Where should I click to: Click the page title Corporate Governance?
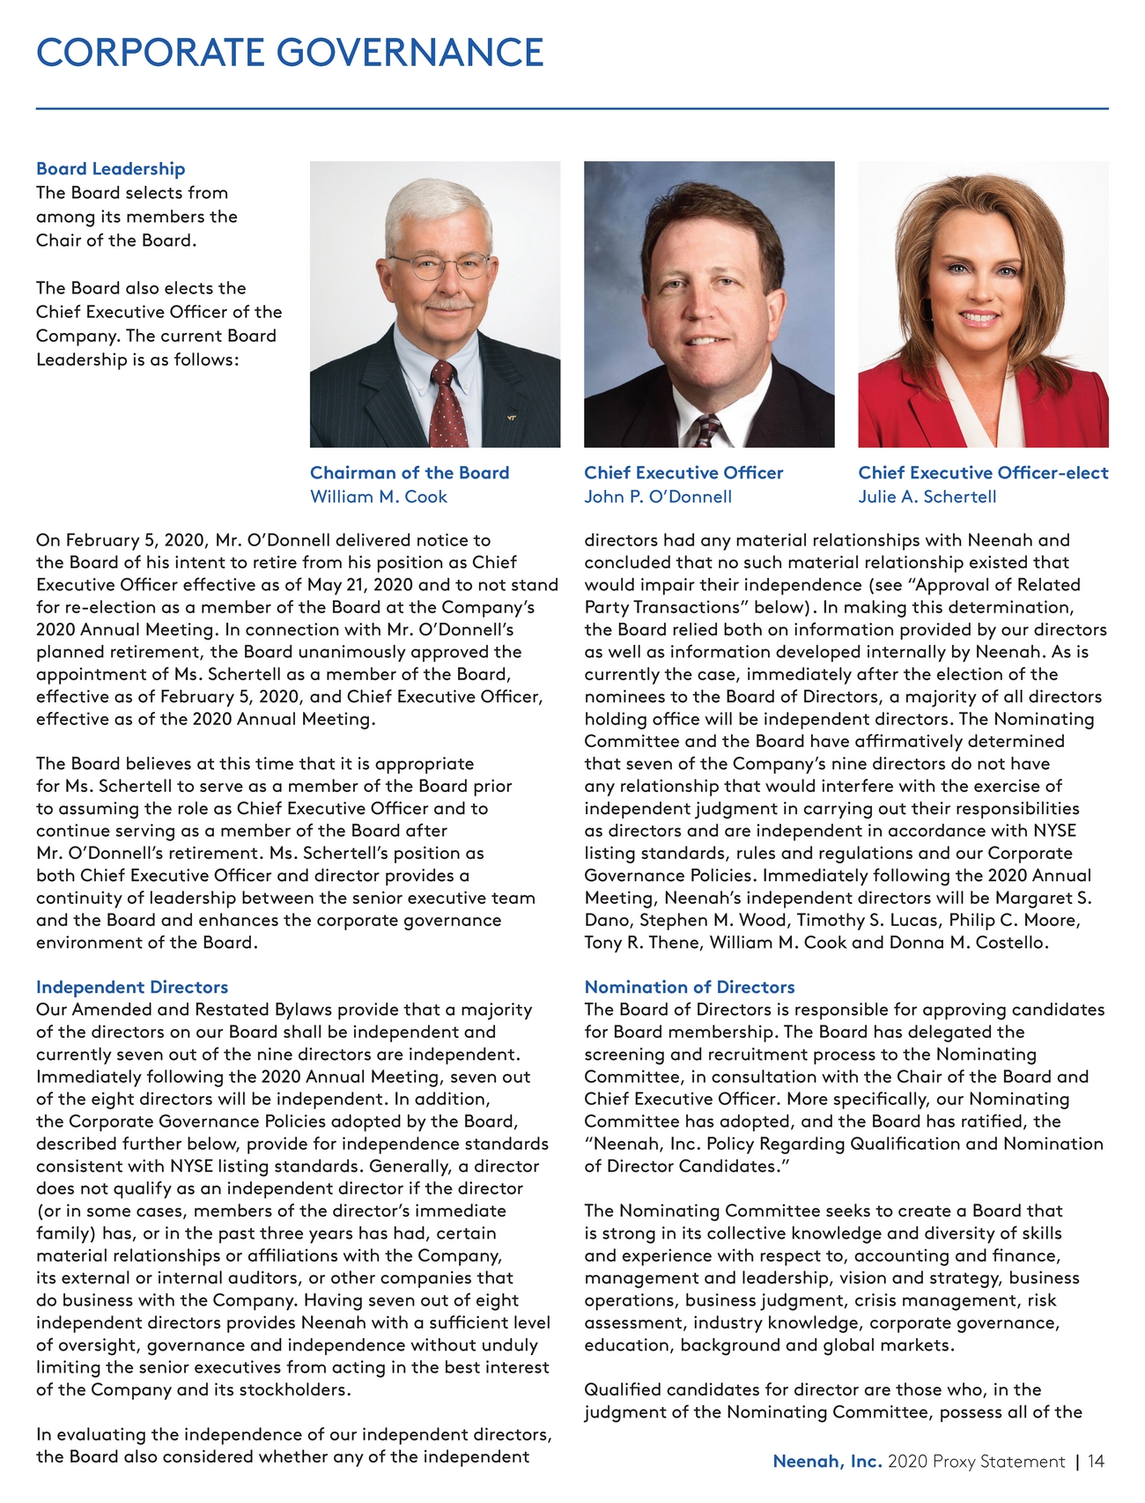click(290, 53)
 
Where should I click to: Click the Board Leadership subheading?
click(110, 168)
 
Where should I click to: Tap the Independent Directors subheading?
click(132, 987)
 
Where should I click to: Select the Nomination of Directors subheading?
click(690, 987)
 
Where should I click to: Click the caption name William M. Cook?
click(379, 497)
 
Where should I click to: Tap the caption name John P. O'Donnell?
click(658, 497)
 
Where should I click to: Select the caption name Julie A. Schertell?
click(927, 497)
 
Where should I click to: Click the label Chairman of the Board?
click(410, 473)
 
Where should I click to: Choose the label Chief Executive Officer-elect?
click(983, 473)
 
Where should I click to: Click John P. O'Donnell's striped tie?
click(707, 432)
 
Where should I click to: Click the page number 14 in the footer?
click(1096, 1462)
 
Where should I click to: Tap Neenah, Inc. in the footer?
click(827, 1462)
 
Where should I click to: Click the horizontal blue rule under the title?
click(572, 109)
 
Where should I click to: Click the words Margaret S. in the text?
click(1043, 898)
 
